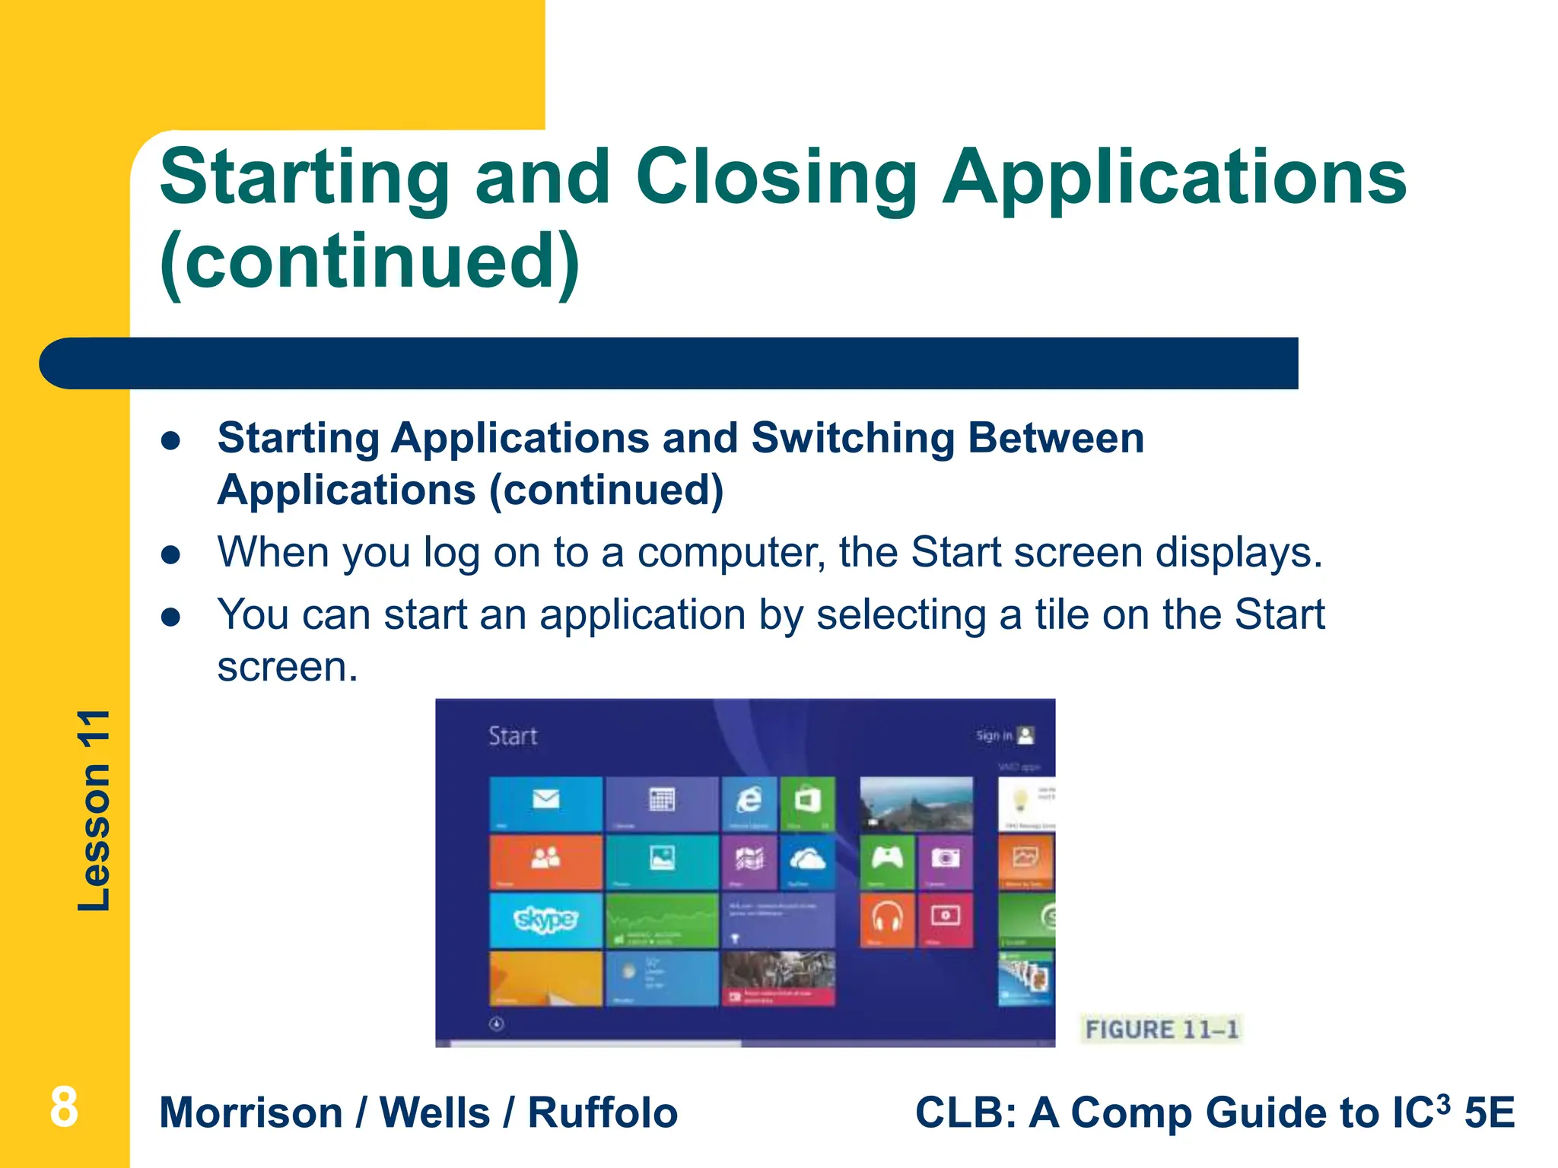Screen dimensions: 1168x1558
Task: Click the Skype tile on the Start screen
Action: pyautogui.click(x=545, y=920)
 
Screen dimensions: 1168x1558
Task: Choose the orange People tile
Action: pyautogui.click(x=545, y=861)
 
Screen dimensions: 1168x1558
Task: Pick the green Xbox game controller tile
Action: pyautogui.click(x=887, y=861)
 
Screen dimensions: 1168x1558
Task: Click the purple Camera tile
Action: pyautogui.click(x=946, y=861)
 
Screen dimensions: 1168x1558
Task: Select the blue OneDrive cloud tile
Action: pyautogui.click(x=807, y=861)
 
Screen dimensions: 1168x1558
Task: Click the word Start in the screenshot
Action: pyautogui.click(x=512, y=736)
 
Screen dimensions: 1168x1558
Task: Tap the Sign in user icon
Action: pyautogui.click(x=1025, y=735)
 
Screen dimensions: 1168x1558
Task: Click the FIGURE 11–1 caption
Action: pyautogui.click(x=1161, y=1030)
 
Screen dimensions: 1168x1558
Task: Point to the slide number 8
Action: pyautogui.click(x=64, y=1107)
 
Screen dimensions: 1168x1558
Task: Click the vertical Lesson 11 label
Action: pyautogui.click(x=94, y=810)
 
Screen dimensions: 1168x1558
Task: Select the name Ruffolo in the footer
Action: pyautogui.click(x=602, y=1112)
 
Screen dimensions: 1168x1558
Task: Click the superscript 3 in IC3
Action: pyautogui.click(x=1442, y=1102)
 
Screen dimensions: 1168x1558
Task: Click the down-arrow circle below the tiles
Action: pyautogui.click(x=497, y=1024)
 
